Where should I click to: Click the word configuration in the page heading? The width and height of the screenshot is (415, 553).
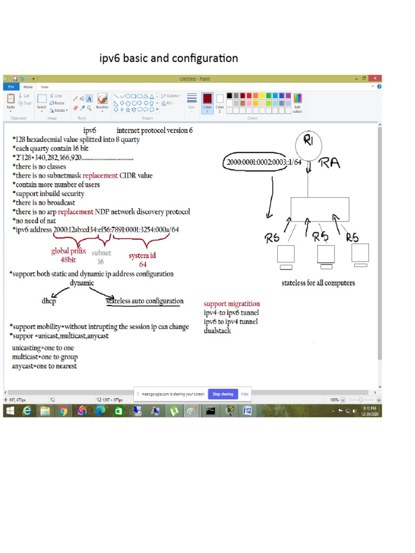pyautogui.click(x=205, y=58)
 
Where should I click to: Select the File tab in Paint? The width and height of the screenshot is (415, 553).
pyautogui.click(x=10, y=86)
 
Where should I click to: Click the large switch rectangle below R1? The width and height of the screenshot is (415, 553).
pyautogui.click(x=321, y=207)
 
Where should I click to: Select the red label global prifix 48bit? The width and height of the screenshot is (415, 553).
pyautogui.click(x=69, y=255)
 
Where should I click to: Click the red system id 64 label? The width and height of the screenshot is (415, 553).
pyautogui.click(x=143, y=259)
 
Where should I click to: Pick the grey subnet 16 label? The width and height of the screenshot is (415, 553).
pyautogui.click(x=101, y=257)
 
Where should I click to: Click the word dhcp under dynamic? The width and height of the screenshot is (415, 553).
pyautogui.click(x=49, y=301)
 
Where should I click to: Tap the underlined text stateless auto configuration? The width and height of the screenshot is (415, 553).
pyautogui.click(x=144, y=301)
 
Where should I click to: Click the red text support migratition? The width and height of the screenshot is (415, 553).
pyautogui.click(x=231, y=304)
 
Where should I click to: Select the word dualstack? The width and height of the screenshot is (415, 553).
pyautogui.click(x=217, y=330)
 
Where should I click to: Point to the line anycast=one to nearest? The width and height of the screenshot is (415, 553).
pyautogui.click(x=44, y=366)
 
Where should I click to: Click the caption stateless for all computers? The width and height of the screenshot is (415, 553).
pyautogui.click(x=318, y=283)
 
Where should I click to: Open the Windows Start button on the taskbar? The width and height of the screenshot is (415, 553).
pyautogui.click(x=10, y=411)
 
